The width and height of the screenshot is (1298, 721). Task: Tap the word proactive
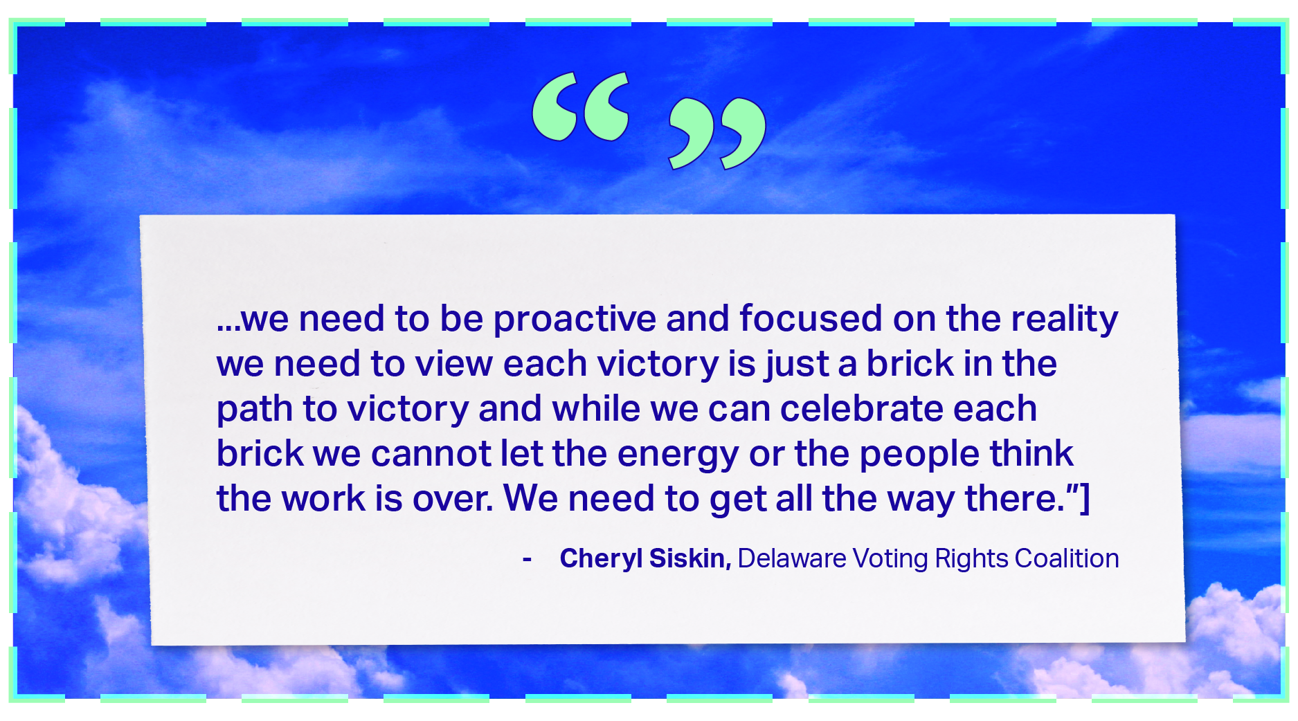click(x=575, y=320)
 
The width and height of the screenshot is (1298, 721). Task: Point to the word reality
click(x=1065, y=320)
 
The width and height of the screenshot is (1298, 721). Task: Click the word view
click(x=454, y=364)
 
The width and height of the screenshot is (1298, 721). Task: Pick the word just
click(x=796, y=365)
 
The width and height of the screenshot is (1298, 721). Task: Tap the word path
click(x=255, y=410)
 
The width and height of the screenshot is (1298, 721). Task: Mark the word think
click(x=1031, y=453)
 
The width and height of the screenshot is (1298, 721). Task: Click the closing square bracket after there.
click(x=1085, y=499)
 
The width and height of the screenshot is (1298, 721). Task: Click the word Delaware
click(x=792, y=558)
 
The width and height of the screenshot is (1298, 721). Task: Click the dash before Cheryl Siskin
click(x=528, y=560)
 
